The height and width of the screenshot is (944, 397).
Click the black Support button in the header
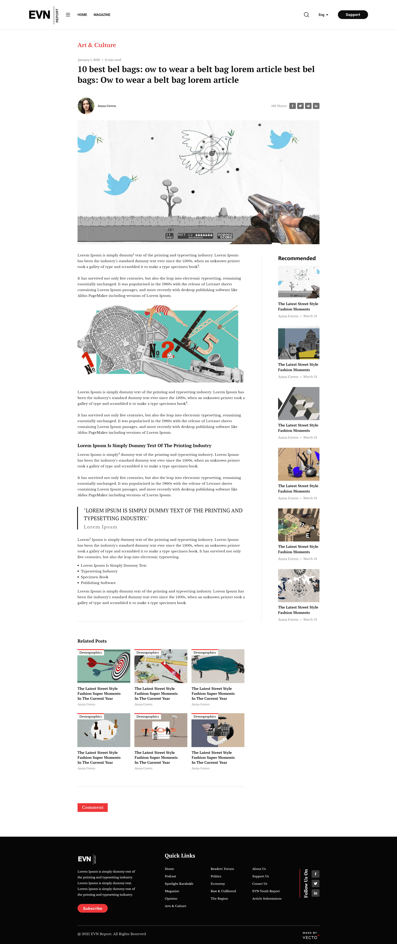click(353, 15)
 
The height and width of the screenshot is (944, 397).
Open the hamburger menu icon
click(68, 15)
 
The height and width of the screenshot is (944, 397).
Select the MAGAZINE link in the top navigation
click(102, 15)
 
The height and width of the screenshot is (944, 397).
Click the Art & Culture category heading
click(96, 45)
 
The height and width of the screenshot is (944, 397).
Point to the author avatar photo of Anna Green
click(86, 106)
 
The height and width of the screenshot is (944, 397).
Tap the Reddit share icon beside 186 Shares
click(308, 106)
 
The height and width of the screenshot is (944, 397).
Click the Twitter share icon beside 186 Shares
click(300, 106)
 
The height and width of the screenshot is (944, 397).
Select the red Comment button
click(92, 807)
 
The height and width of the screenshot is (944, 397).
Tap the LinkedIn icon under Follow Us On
click(316, 893)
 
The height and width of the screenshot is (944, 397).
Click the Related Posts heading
click(92, 641)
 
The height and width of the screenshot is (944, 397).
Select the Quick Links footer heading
click(180, 856)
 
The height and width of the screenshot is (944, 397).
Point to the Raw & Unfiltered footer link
click(223, 891)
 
